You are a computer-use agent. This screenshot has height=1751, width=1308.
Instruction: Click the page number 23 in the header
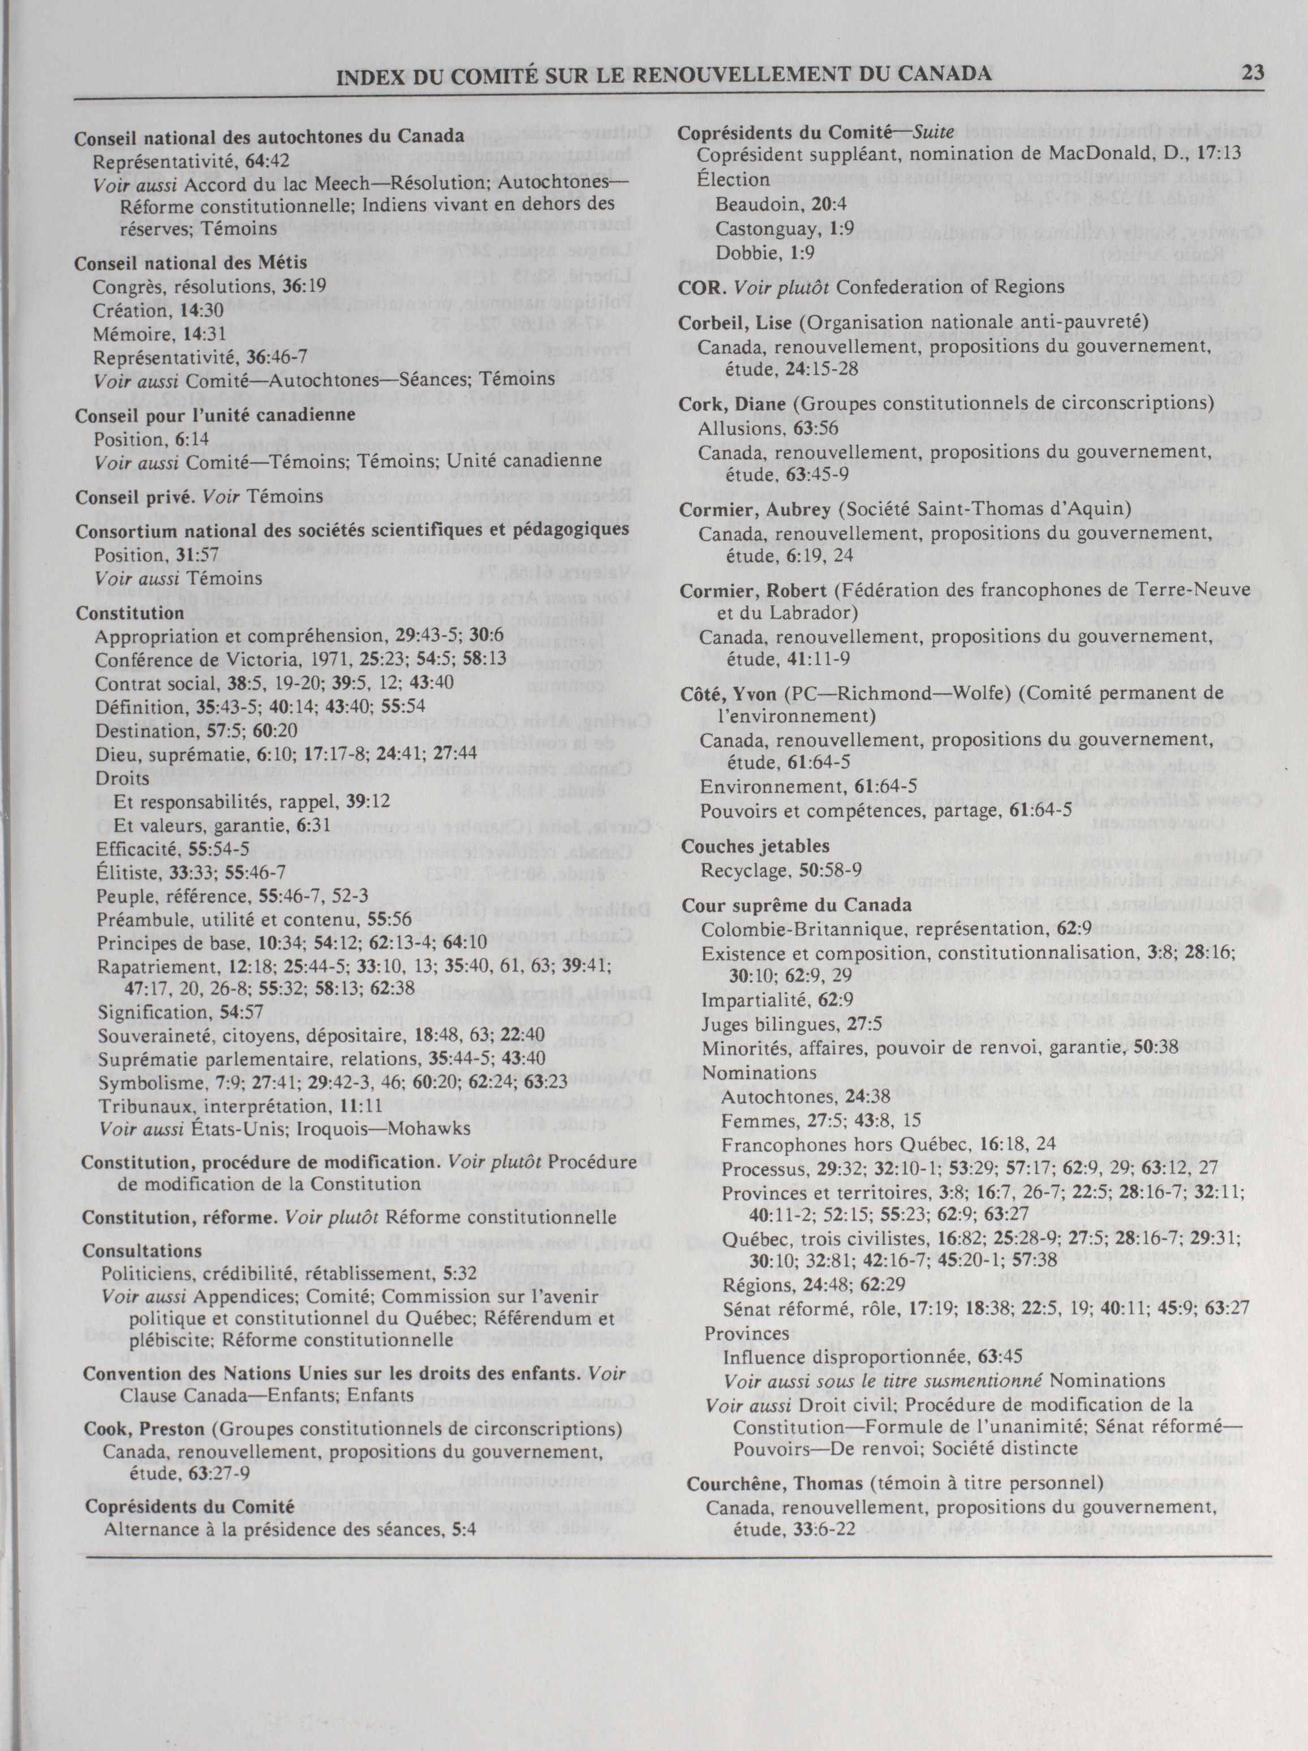click(x=1253, y=74)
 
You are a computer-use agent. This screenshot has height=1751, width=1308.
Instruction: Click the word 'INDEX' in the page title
click(x=368, y=75)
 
